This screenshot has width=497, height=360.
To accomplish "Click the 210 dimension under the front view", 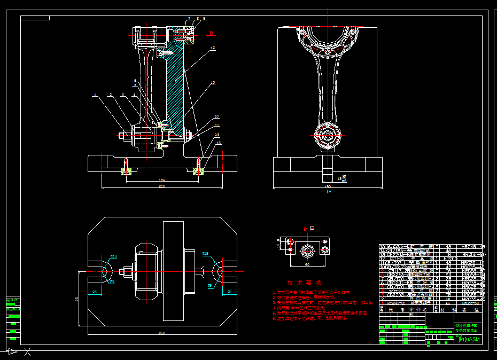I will click(x=161, y=186).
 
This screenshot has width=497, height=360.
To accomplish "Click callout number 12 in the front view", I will click(x=213, y=48).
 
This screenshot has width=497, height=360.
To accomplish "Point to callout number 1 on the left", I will click(x=95, y=96).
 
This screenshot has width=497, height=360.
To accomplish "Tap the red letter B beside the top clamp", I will click(x=211, y=33).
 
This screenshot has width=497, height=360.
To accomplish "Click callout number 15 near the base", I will click(x=219, y=143).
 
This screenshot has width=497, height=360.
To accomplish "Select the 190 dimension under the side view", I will click(x=328, y=186).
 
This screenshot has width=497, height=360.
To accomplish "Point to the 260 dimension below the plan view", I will click(x=162, y=333).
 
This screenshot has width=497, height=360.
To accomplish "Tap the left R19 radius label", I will click(x=114, y=256).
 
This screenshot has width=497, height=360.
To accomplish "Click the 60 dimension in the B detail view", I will click(x=307, y=264).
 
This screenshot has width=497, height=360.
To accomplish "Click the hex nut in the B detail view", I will click(x=307, y=249).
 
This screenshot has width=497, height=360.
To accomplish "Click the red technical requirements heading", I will click(x=304, y=282).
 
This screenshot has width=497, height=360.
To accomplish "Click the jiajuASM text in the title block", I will click(x=469, y=339).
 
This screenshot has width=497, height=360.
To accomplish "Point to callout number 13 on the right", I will click(x=213, y=83).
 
